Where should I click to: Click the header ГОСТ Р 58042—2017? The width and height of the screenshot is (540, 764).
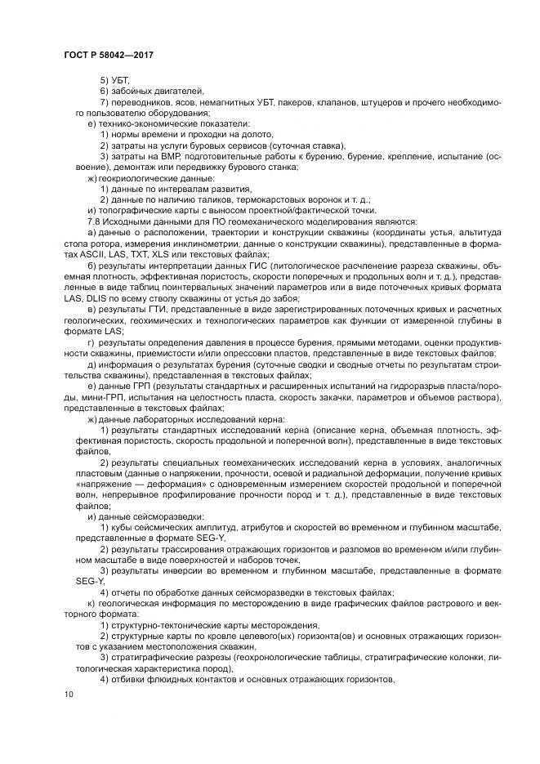coord(109,54)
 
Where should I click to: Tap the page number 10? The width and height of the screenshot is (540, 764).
coord(67,695)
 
